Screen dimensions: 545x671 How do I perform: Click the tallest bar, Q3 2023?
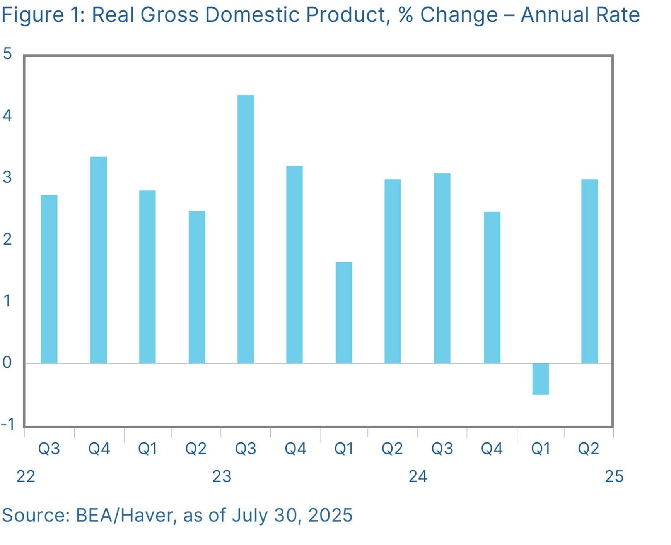246,229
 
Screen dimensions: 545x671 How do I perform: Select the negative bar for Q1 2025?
540,379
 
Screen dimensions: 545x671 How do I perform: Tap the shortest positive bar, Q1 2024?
344,313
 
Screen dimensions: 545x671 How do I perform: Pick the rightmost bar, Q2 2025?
589,271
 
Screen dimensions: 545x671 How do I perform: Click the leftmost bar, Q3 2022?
49,279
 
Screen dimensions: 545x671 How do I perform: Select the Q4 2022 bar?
99,260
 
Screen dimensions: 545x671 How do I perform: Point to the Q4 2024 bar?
492,288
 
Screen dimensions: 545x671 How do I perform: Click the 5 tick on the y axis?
7,53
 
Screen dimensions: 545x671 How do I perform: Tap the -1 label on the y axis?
8,424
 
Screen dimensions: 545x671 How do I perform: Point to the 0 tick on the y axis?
7,363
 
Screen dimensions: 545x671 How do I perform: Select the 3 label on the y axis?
7,177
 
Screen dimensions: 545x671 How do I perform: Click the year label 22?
26,476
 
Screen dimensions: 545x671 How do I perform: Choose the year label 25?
614,476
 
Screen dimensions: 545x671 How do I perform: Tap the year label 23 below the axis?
222,476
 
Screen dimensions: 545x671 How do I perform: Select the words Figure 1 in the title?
43,15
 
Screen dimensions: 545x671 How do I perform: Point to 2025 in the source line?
330,516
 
